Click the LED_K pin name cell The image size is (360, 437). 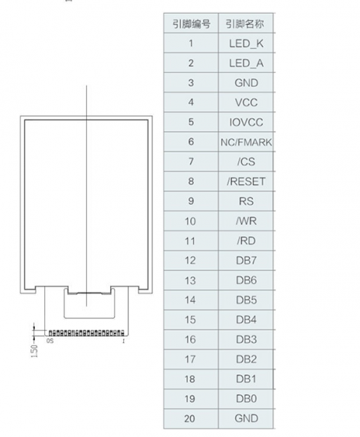246,44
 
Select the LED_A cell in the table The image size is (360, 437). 246,63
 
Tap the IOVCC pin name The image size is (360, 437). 246,122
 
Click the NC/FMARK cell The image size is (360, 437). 246,142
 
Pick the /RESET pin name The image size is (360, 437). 246,181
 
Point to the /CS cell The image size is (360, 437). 246,162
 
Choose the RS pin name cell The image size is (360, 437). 246,201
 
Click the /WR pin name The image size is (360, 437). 246,221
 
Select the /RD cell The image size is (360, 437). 246,241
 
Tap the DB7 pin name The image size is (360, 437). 246,261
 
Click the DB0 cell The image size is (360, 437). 246,399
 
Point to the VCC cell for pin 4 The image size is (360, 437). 246,103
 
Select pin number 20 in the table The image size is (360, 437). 189,419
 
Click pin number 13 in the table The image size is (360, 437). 190,280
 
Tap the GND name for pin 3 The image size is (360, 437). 246,83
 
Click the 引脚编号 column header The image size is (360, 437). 191,24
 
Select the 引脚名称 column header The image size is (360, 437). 244,24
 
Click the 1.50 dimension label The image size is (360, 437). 34,351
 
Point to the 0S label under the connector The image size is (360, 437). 50,341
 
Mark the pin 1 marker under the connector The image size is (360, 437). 123,341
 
